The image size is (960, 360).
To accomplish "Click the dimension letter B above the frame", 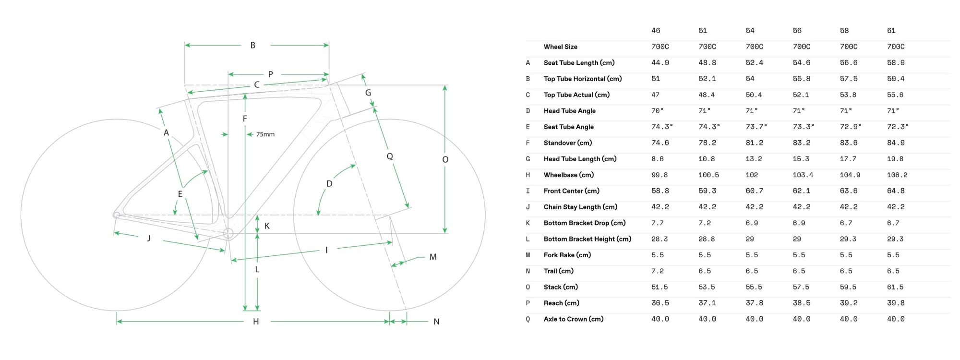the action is pyautogui.click(x=253, y=46).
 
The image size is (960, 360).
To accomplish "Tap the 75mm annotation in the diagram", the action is pyautogui.click(x=265, y=134).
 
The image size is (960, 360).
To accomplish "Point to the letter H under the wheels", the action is pyautogui.click(x=256, y=322).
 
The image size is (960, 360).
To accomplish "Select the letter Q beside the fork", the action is pyautogui.click(x=390, y=156).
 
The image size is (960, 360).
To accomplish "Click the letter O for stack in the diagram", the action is pyautogui.click(x=445, y=160).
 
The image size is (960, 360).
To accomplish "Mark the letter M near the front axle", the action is pyautogui.click(x=433, y=257).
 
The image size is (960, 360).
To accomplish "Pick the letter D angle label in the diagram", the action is pyautogui.click(x=329, y=184).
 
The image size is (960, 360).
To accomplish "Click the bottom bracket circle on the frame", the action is pyautogui.click(x=228, y=234).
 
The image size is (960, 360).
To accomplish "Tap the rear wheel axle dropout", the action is pyautogui.click(x=116, y=215).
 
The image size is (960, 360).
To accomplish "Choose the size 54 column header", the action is pyautogui.click(x=750, y=31).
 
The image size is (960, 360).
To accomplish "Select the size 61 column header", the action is pyautogui.click(x=891, y=31).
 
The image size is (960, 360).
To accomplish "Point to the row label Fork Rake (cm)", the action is pyautogui.click(x=567, y=255).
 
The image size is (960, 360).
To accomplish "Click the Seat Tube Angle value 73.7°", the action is pyautogui.click(x=756, y=127).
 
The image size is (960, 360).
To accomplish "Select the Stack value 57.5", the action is pyautogui.click(x=801, y=287).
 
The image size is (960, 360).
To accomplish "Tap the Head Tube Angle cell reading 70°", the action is pyautogui.click(x=657, y=111).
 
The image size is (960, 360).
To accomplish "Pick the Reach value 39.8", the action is pyautogui.click(x=895, y=303).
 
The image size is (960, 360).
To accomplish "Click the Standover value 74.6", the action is pyautogui.click(x=660, y=143).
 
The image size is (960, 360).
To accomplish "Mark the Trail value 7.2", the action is pyautogui.click(x=657, y=271).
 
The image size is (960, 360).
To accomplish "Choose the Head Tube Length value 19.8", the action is pyautogui.click(x=895, y=159).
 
